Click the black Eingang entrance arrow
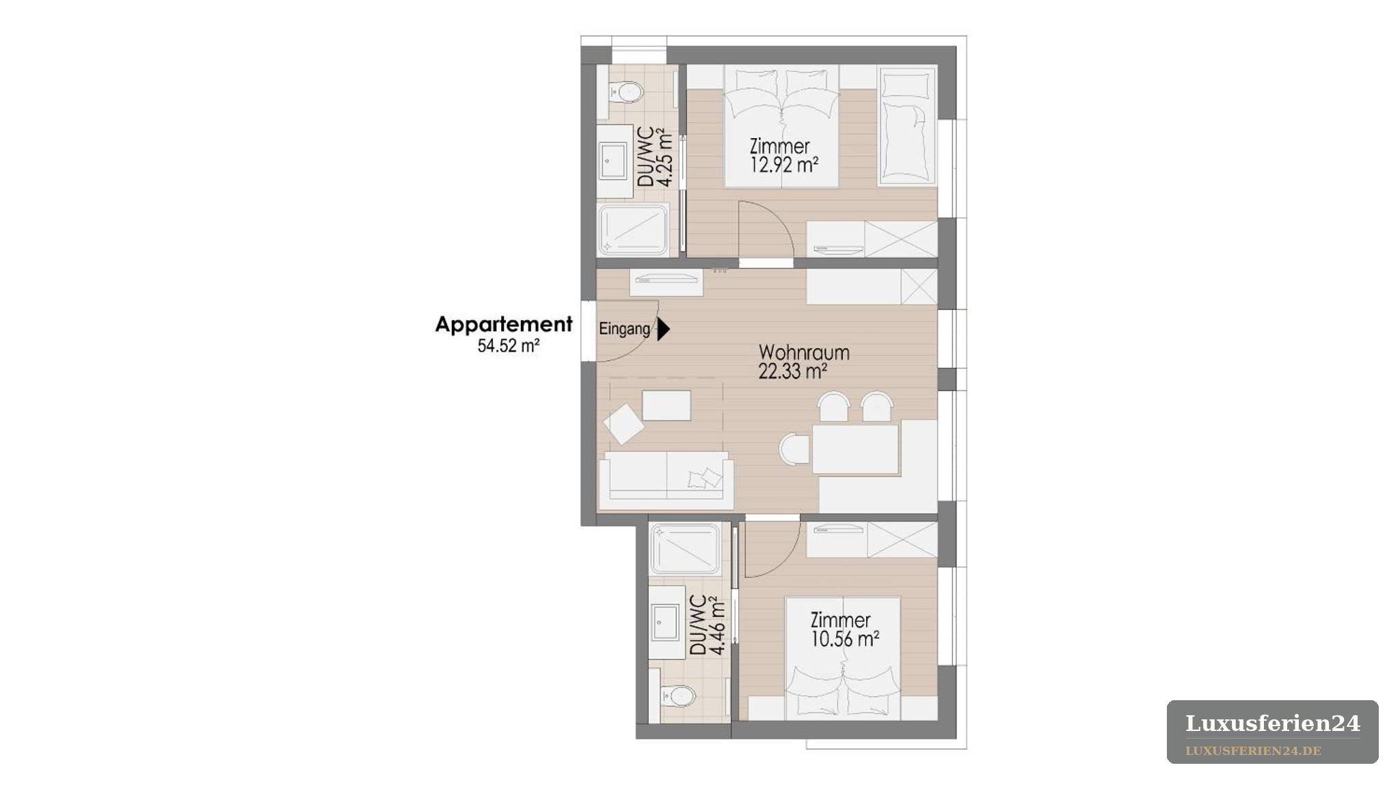click(663, 329)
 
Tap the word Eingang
click(625, 329)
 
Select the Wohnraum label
click(804, 353)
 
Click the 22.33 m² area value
click(793, 371)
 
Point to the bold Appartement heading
click(504, 324)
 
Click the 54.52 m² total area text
click(509, 345)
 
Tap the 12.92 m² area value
click(784, 164)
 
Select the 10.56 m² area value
click(845, 639)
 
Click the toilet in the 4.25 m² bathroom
click(625, 91)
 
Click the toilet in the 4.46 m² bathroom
click(677, 697)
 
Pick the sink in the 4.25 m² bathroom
click(614, 161)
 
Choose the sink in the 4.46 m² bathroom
click(665, 622)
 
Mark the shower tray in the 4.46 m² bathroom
click(685, 548)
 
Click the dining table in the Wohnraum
click(855, 449)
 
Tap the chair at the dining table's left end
click(794, 449)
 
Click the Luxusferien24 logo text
click(1272, 723)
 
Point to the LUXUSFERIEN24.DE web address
click(1253, 751)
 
